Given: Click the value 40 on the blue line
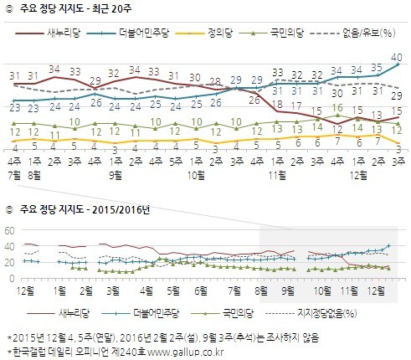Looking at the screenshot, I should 398,56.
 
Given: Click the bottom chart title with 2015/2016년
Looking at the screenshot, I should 80,208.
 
